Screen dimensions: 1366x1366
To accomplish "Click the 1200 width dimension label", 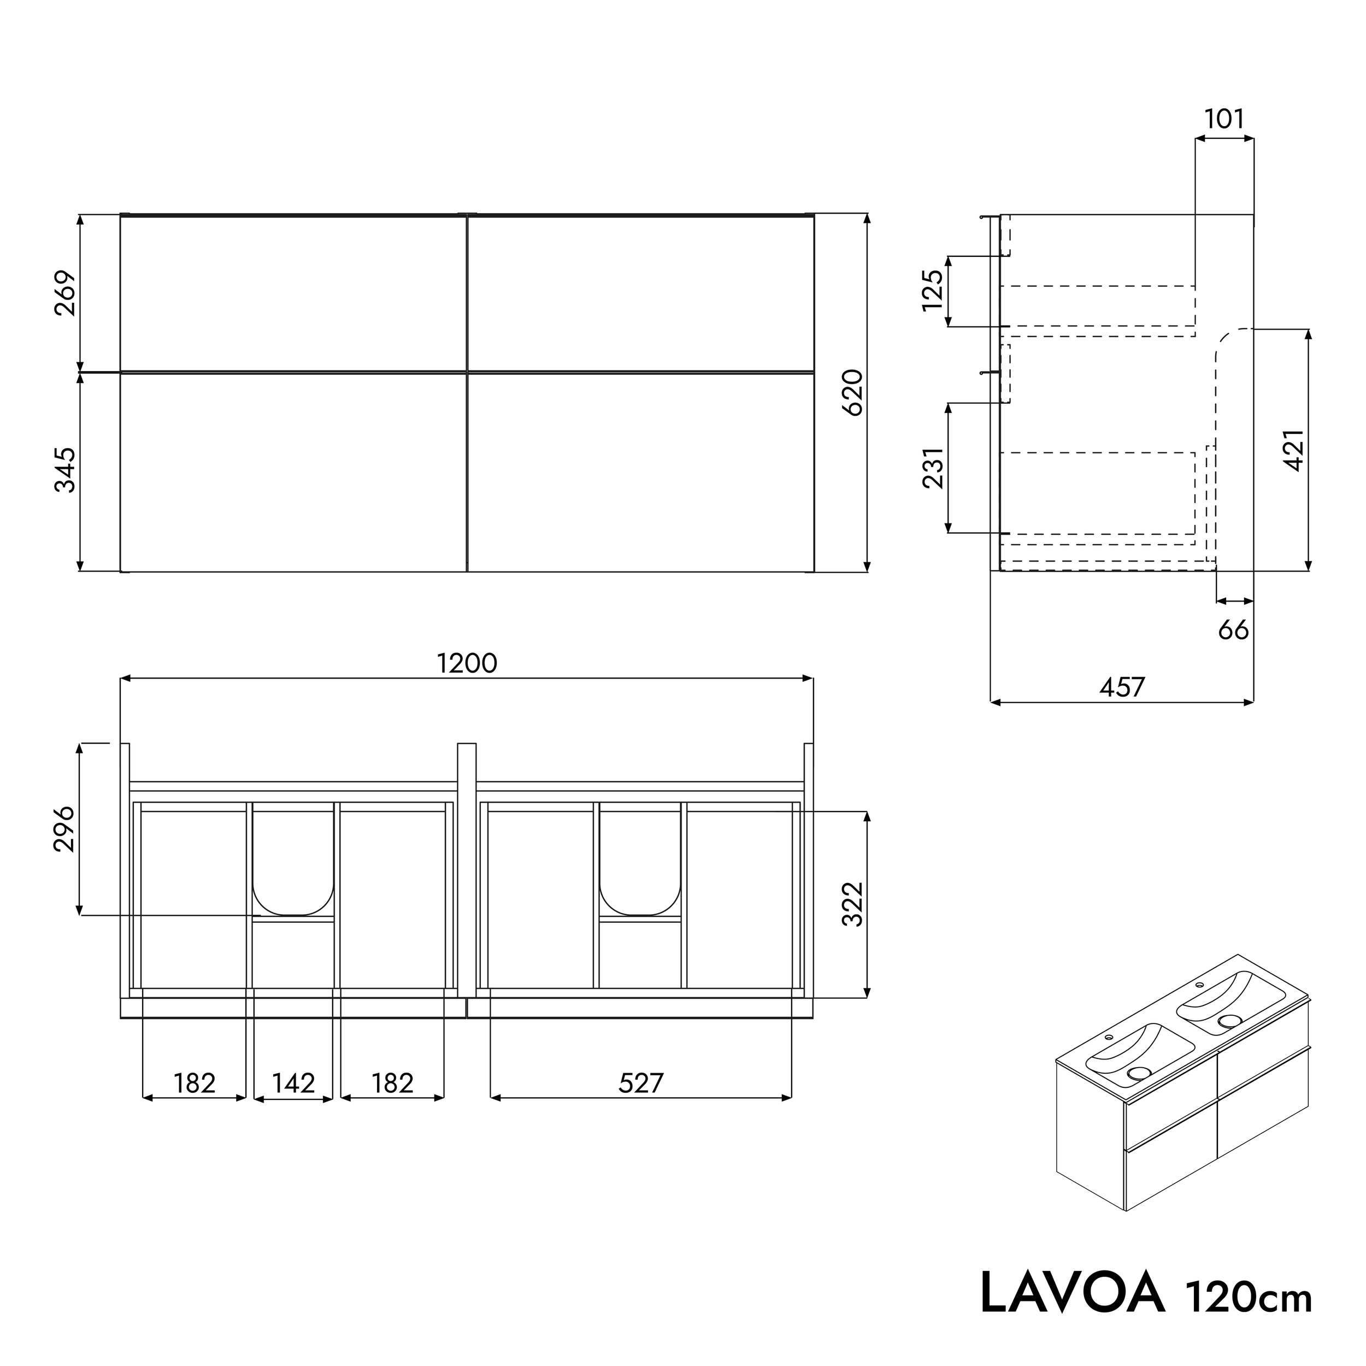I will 467,663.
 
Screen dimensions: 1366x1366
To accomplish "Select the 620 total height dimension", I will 854,392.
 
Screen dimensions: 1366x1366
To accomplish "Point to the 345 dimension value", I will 65,469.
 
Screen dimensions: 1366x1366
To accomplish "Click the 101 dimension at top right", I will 1224,119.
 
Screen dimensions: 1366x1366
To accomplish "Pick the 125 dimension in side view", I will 933,291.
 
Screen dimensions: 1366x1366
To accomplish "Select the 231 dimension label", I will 933,468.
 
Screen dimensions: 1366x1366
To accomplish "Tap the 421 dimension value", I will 1294,450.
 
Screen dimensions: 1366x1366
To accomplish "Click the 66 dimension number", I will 1233,630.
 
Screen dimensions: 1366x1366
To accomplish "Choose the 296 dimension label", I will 65,829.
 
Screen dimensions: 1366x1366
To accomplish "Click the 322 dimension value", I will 854,904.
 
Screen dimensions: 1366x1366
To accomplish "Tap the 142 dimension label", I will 293,1083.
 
